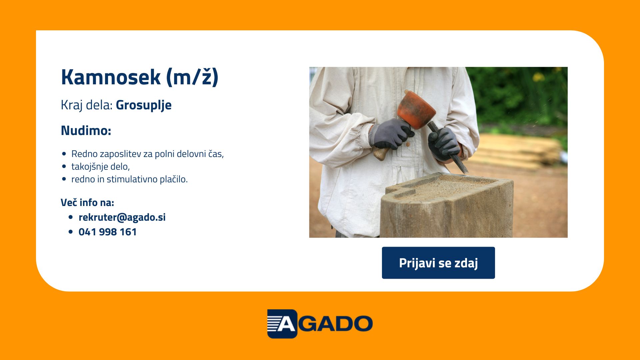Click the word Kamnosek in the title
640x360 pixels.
point(111,77)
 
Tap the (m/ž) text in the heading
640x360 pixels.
point(192,78)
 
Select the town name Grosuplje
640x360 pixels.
point(144,105)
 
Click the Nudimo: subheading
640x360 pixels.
point(86,130)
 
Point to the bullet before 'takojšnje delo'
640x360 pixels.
point(64,166)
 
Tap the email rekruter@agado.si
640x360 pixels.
point(122,217)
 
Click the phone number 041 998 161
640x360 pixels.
point(108,232)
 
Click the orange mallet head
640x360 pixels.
point(416,110)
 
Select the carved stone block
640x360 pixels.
point(447,205)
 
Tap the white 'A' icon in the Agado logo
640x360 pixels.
point(282,324)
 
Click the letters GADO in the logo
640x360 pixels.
point(335,324)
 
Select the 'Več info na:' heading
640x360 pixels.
point(87,202)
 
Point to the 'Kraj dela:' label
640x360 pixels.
point(87,105)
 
